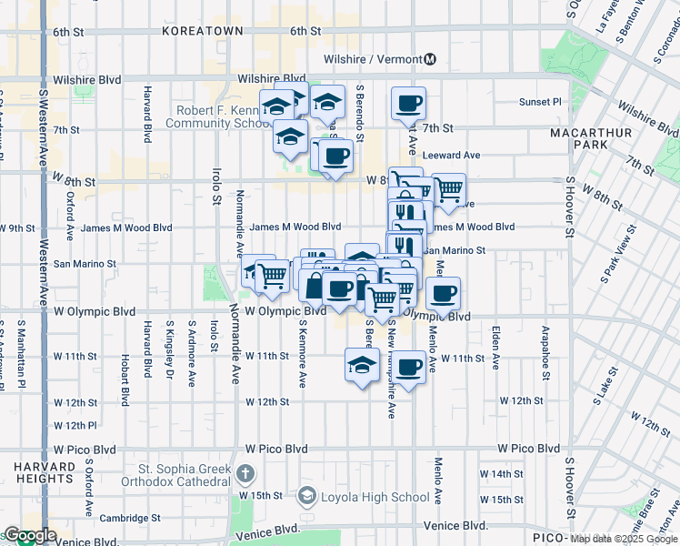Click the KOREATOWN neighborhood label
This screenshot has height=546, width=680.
point(203,31)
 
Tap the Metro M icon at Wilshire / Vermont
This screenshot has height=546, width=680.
point(430,59)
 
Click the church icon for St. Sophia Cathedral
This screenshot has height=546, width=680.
point(245,473)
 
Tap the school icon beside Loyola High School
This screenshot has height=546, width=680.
point(306,497)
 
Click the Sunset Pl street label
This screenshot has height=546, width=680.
point(541,102)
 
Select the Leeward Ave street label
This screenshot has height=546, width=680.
point(447,156)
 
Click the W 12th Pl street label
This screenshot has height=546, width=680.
point(75,425)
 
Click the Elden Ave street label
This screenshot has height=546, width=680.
point(495,348)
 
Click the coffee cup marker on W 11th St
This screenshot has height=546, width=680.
point(409,366)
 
